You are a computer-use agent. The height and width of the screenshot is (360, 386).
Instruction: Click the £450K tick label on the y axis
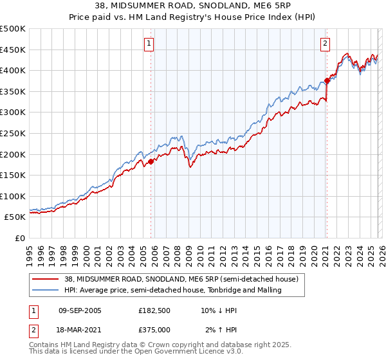(13, 50)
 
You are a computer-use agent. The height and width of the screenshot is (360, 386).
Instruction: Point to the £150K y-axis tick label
(13, 175)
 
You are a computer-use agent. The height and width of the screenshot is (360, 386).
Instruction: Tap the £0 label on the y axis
(20, 238)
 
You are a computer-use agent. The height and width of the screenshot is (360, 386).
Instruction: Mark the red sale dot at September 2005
(151, 162)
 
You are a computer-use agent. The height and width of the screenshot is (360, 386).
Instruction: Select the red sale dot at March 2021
(327, 81)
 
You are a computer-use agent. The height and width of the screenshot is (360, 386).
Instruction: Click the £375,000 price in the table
(154, 329)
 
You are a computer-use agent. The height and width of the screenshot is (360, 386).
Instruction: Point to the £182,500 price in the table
(154, 310)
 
